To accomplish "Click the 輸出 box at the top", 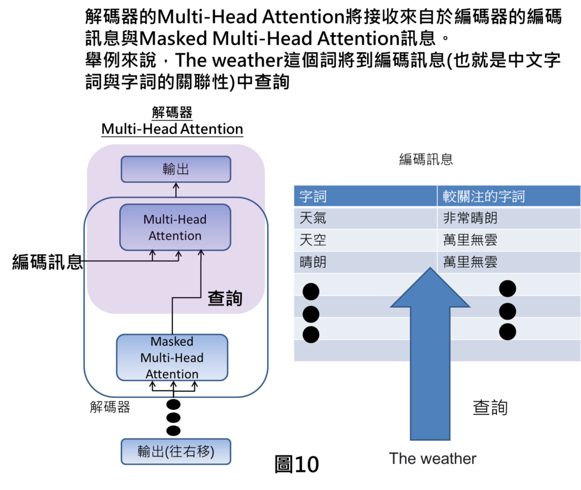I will (x=176, y=169).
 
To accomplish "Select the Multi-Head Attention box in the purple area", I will (x=175, y=228).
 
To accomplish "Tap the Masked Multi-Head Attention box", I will (x=172, y=358).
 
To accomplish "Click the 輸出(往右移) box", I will (x=176, y=451).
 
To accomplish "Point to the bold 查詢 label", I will (x=225, y=299).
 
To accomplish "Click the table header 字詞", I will (x=313, y=196).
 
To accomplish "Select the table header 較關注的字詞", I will (x=484, y=196).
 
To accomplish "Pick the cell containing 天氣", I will (x=313, y=219).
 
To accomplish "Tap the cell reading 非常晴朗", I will (x=470, y=219).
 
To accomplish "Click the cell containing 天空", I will (x=313, y=240).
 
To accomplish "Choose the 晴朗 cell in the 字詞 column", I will (x=313, y=262).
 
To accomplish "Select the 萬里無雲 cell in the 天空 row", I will (x=470, y=240).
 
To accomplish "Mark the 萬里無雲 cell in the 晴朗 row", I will (x=470, y=262).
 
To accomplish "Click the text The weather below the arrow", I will (x=433, y=459).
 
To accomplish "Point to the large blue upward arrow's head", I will (x=430, y=290).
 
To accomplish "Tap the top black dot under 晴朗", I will (x=311, y=292).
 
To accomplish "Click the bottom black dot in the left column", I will (x=311, y=334).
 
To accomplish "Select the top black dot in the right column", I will (x=507, y=288).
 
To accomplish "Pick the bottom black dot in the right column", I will (x=507, y=332).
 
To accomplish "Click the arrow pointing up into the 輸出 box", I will (x=176, y=190).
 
